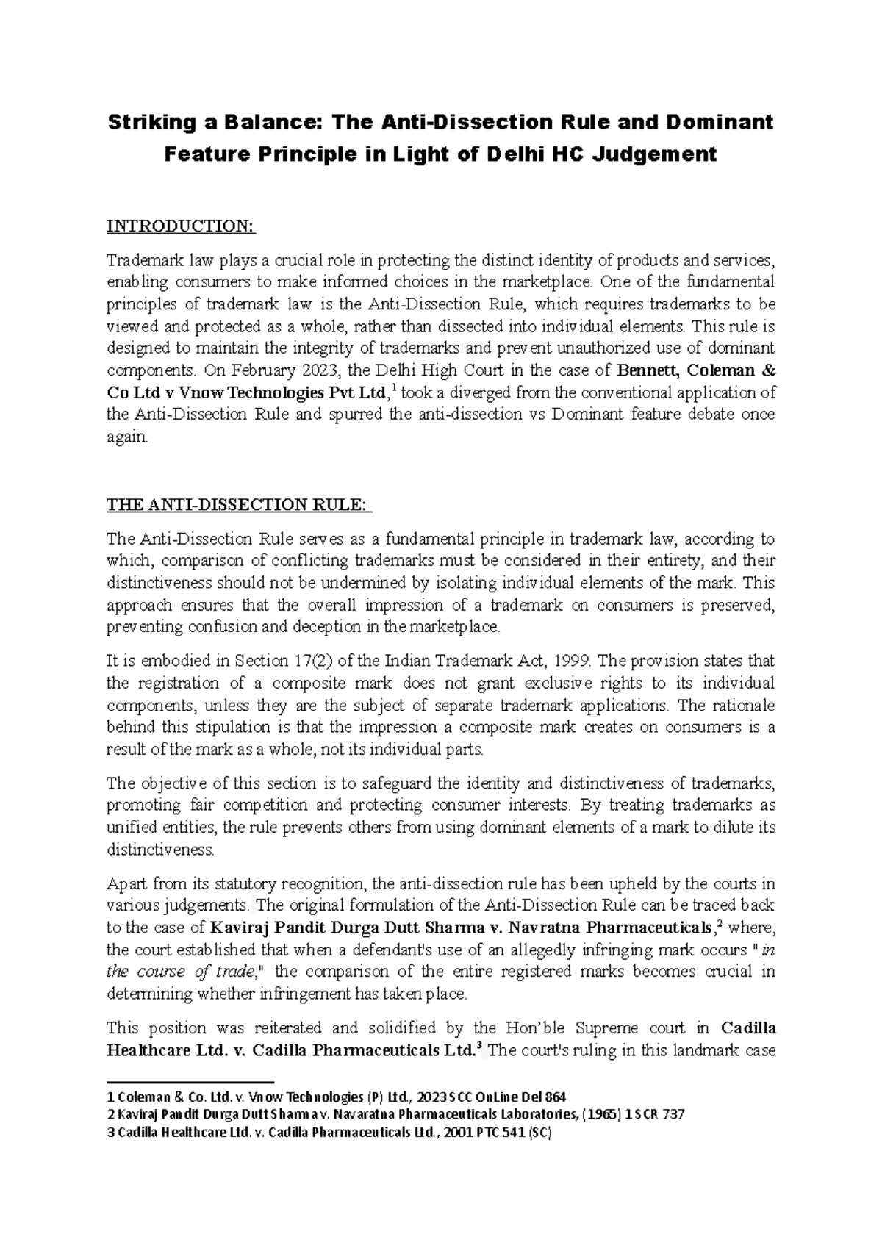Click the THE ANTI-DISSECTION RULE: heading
click(x=239, y=505)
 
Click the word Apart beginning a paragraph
click(x=126, y=883)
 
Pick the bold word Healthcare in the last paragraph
click(x=156, y=1050)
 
